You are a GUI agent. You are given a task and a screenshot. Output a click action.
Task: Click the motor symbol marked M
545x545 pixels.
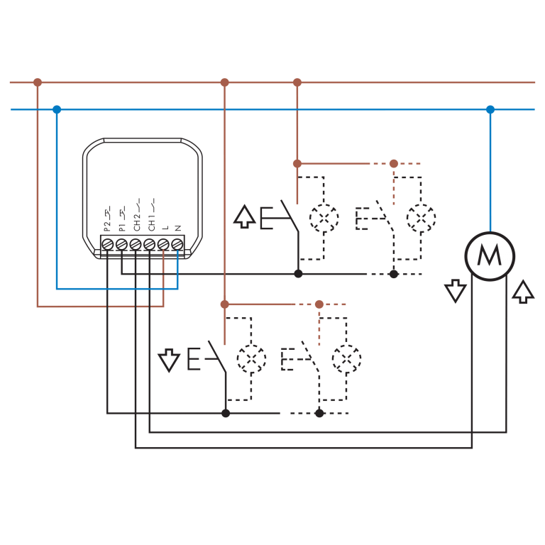point(490,256)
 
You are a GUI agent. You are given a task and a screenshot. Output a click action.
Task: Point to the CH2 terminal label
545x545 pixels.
point(137,215)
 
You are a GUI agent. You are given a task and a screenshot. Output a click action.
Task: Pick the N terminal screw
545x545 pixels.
point(177,243)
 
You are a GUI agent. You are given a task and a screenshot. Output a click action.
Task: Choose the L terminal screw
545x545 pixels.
point(163,243)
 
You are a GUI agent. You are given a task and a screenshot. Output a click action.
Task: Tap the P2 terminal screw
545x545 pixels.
point(107,243)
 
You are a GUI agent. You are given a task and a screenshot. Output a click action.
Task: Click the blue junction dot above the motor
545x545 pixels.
point(490,109)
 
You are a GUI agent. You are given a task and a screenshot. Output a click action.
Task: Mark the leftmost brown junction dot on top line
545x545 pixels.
point(38,82)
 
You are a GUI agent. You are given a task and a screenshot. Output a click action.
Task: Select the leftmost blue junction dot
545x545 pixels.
point(57,109)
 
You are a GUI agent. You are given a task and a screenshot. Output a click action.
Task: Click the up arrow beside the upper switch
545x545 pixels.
point(244,216)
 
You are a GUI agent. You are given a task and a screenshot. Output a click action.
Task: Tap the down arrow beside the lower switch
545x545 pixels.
point(169,359)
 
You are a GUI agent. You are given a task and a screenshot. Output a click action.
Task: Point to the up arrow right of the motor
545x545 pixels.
point(523,292)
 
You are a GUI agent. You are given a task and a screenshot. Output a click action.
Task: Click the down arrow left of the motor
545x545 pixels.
point(456,291)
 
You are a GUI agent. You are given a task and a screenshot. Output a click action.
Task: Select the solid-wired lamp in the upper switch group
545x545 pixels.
point(324,219)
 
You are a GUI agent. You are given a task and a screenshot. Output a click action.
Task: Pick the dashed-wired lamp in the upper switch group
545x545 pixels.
point(421,219)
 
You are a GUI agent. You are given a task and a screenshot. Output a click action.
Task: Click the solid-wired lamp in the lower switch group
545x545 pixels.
point(251,359)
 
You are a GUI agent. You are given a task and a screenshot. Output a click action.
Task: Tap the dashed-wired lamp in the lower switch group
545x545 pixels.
point(346,359)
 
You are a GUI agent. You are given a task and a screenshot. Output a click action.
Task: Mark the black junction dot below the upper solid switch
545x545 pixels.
point(298,273)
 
